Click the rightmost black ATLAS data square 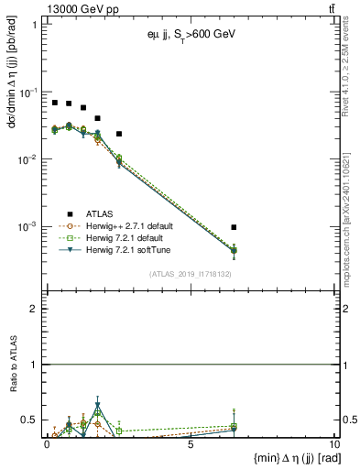point(235,227)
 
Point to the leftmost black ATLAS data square point(55,103)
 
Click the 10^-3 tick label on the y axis point(27,226)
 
